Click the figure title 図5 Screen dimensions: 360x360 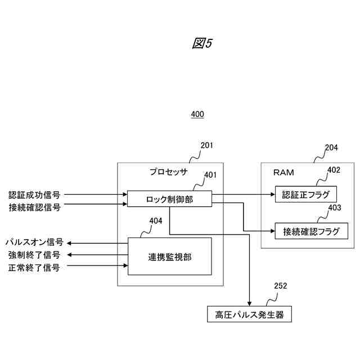point(202,44)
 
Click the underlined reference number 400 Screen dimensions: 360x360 point(197,114)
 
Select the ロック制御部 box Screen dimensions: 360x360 point(169,199)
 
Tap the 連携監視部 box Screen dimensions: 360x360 point(169,256)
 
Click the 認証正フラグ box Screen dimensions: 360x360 point(305,194)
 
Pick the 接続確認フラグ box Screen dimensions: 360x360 point(307,231)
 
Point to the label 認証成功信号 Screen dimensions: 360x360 point(34,195)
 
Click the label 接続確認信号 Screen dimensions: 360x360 point(34,206)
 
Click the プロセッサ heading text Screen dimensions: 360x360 point(168,172)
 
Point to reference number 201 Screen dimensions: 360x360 point(207,146)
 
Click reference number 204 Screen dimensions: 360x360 point(331,148)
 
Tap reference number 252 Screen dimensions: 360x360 point(280,286)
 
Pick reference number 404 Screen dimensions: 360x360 point(156,220)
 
